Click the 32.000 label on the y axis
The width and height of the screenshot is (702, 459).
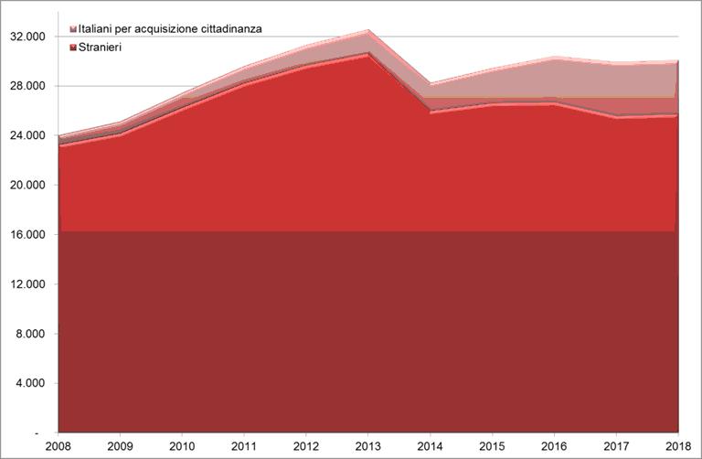click(27, 37)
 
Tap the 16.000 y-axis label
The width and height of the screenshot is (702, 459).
click(27, 235)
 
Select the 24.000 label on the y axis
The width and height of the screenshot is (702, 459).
click(27, 135)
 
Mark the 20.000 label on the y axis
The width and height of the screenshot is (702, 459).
click(27, 186)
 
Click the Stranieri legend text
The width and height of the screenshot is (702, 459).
click(101, 45)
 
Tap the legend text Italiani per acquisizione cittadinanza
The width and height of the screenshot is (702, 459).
click(171, 29)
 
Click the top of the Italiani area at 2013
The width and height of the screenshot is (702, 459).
click(368, 30)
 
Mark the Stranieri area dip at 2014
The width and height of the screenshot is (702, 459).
click(431, 112)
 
